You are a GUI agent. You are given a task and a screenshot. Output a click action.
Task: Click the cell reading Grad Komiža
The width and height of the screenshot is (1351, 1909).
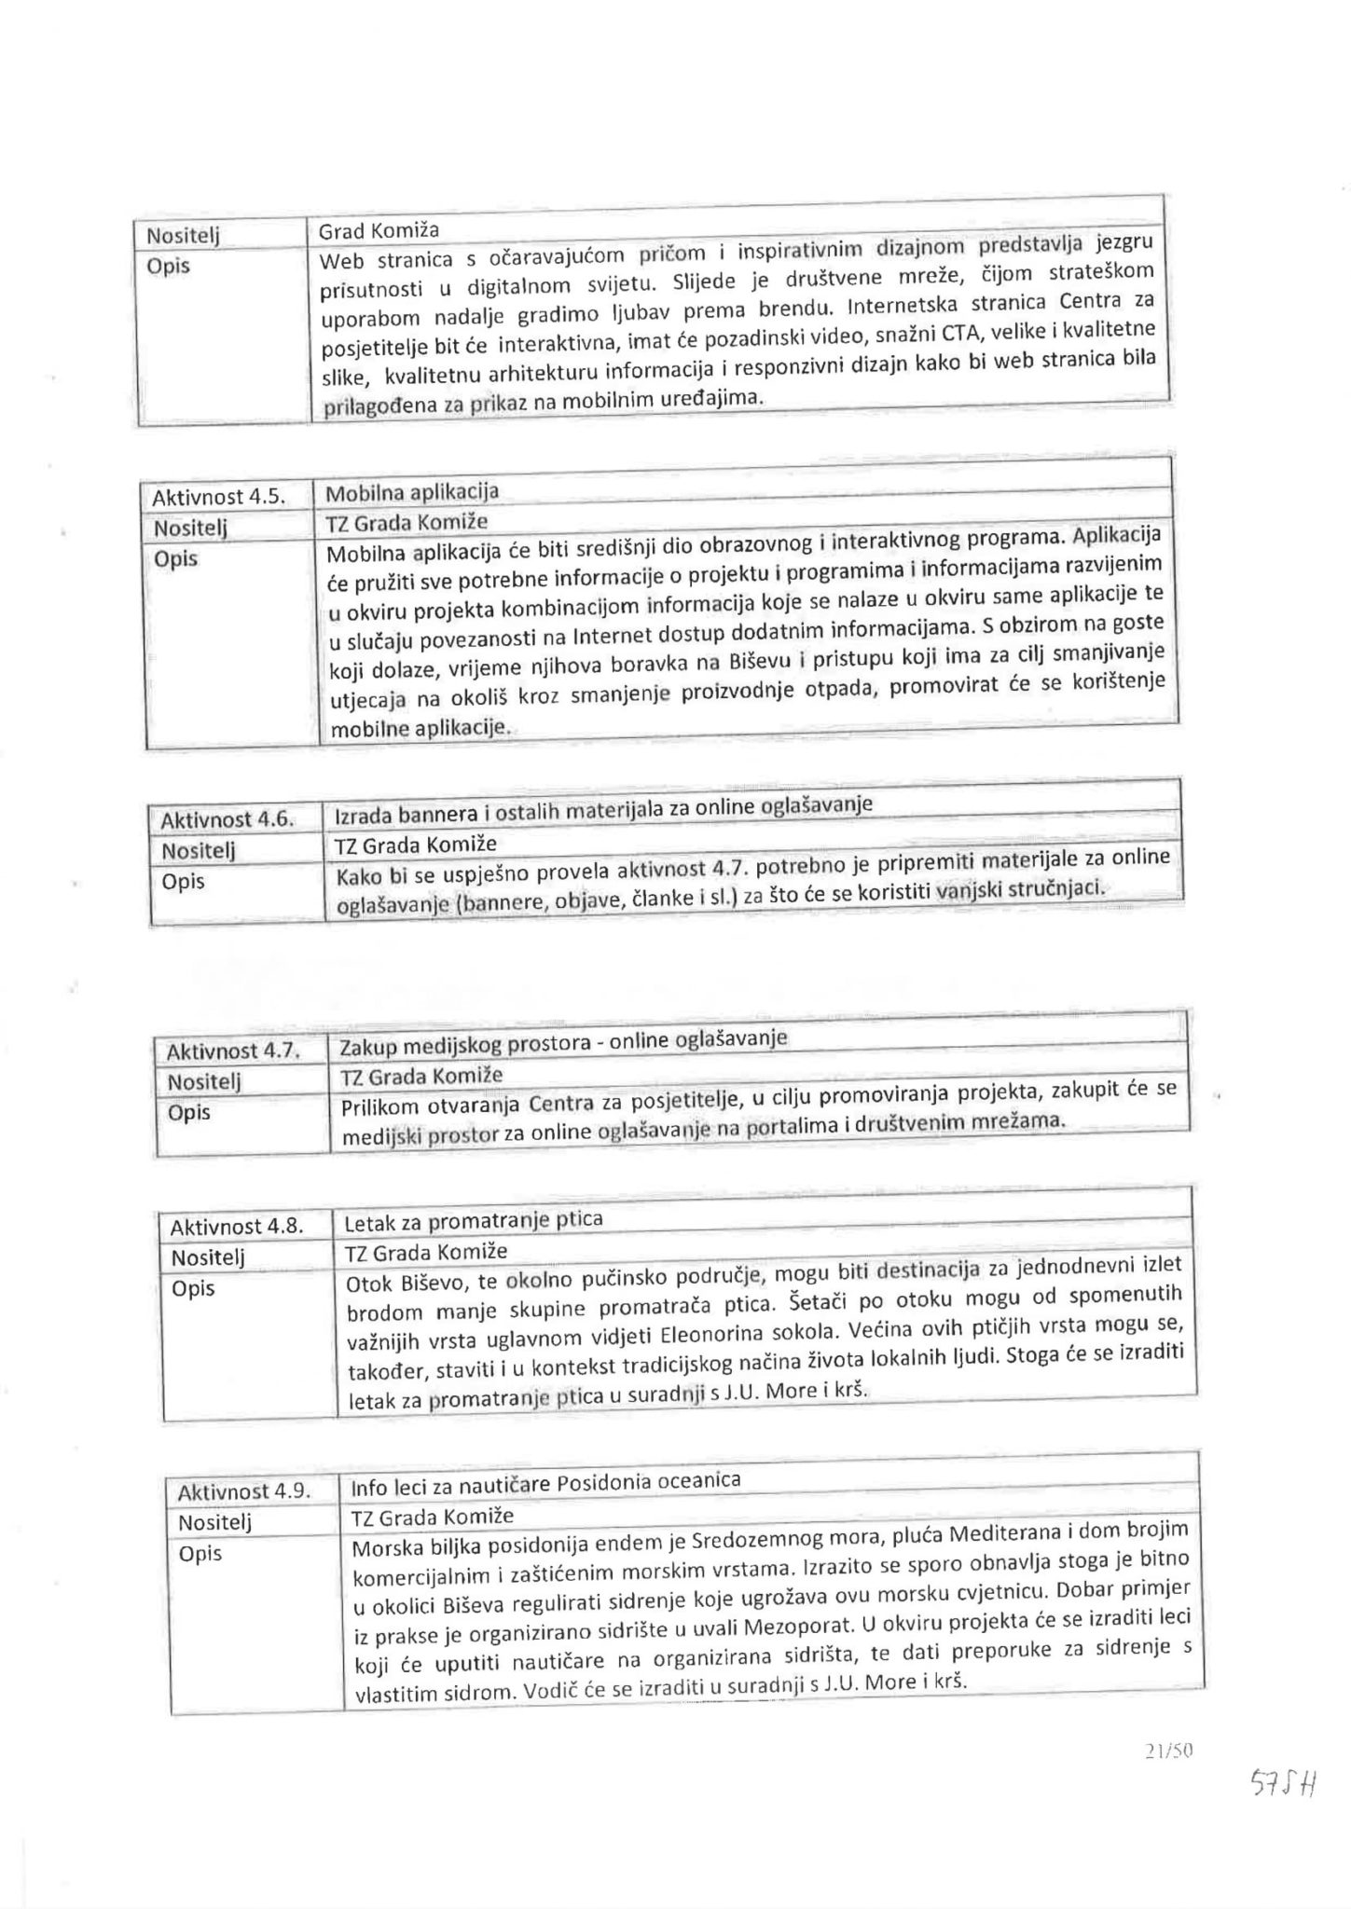(x=379, y=230)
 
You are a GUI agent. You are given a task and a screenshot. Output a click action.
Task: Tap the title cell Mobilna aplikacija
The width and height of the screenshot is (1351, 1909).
(x=412, y=492)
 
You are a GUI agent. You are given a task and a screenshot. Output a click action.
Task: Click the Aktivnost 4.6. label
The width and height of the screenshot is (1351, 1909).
(x=227, y=820)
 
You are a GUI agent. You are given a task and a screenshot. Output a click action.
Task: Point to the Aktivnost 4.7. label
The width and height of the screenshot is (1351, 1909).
(x=233, y=1051)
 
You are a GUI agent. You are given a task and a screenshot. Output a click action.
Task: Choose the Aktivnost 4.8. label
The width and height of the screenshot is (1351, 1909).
(x=237, y=1227)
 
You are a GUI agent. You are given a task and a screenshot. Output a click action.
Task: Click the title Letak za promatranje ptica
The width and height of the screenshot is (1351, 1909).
(x=474, y=1219)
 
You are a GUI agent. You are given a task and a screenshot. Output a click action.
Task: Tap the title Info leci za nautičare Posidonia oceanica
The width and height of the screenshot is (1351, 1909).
(x=545, y=1482)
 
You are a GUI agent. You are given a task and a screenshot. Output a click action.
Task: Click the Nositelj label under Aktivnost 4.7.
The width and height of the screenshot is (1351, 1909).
(x=204, y=1081)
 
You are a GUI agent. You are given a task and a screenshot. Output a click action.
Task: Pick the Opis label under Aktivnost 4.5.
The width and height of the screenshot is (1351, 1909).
(x=175, y=559)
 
